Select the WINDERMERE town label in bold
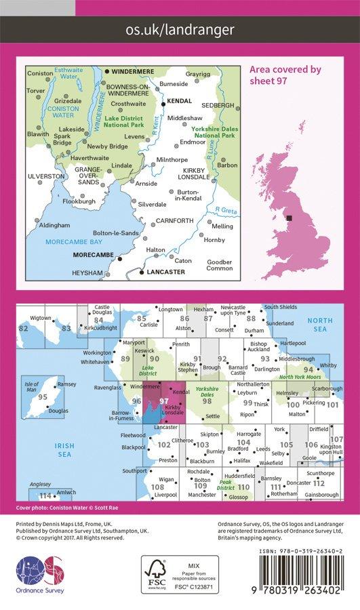(133, 71)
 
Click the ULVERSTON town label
(45, 176)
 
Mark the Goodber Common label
(220, 265)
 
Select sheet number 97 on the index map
(163, 401)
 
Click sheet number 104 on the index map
(243, 442)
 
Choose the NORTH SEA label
(315, 325)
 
